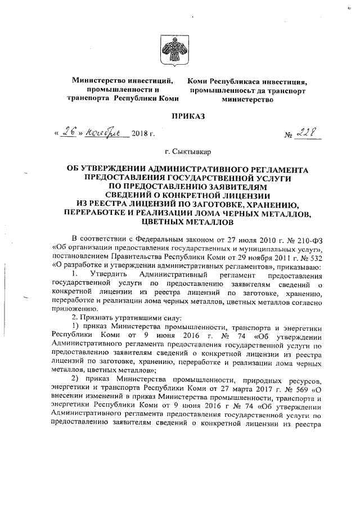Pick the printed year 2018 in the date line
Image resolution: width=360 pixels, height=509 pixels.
pos(139,135)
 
